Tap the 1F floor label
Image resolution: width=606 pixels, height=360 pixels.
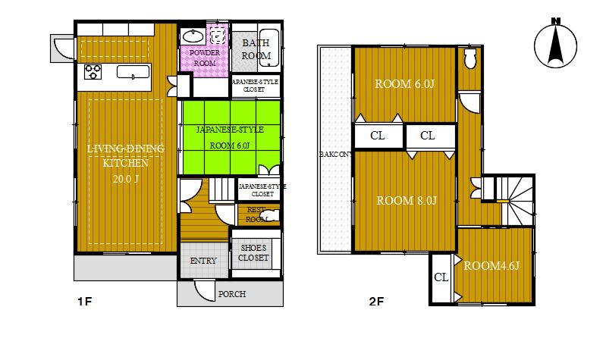[84, 302]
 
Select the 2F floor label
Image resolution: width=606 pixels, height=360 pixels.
[376, 302]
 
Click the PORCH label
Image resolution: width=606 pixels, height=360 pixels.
[231, 294]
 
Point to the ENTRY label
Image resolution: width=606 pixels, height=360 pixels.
[203, 261]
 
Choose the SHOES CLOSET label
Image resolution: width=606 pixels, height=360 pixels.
[254, 253]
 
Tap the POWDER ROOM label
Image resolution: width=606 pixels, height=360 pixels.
[205, 58]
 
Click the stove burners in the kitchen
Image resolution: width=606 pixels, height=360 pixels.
[93, 73]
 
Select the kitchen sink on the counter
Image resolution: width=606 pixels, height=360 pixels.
[135, 74]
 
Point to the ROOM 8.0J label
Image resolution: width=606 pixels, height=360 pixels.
[407, 201]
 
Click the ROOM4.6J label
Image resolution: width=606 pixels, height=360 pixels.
[491, 266]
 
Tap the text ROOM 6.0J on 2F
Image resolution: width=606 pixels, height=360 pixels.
[405, 84]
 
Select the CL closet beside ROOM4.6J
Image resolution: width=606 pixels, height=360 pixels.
[441, 277]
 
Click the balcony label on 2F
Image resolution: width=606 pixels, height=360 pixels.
[334, 154]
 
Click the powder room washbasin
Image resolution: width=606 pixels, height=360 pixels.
[193, 36]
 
